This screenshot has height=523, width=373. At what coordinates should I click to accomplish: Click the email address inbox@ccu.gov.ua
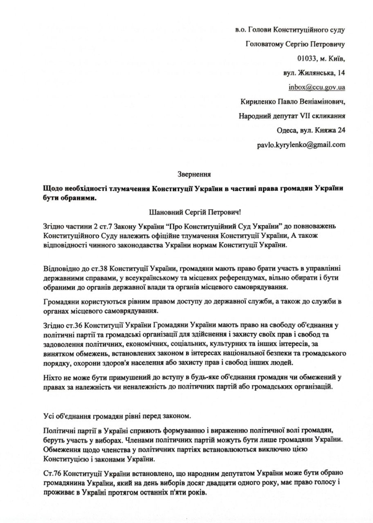pos(317,87)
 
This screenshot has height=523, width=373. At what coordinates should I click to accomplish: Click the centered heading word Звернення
pos(194,174)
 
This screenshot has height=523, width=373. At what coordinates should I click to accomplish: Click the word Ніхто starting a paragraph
pos(52,377)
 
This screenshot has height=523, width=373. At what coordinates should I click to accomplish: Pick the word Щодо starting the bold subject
pos(52,189)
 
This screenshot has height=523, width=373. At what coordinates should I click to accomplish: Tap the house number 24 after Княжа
pos(341,130)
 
